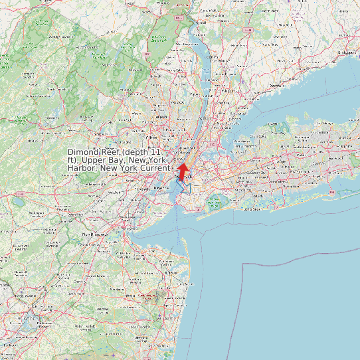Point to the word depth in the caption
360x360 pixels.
[x=138, y=152]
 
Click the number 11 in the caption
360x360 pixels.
[x=157, y=152]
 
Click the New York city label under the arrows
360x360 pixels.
[x=183, y=178]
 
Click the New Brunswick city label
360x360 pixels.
[x=94, y=234]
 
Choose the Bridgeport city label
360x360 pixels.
[x=345, y=51]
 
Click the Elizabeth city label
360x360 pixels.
[x=142, y=189]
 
